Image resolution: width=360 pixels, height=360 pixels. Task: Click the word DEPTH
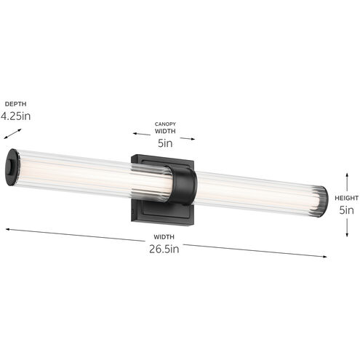[17, 103]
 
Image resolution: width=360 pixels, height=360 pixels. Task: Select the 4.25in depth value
[15, 116]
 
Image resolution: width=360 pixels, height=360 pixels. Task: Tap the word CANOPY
[165, 124]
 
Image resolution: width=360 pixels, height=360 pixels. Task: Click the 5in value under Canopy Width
[165, 143]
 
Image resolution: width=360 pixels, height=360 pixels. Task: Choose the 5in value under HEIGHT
[347, 209]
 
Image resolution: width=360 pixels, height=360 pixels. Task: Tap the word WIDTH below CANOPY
[165, 132]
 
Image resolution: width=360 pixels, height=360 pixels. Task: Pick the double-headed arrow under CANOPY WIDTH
[164, 135]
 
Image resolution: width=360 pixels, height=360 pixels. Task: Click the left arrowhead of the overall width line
[7, 230]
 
